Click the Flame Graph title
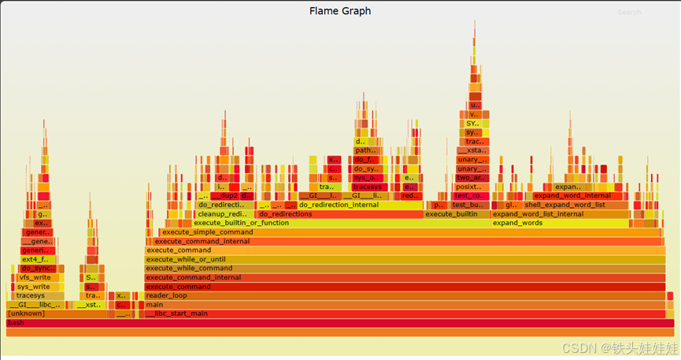click(340, 11)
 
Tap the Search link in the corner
click(629, 12)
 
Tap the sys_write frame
click(35, 287)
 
